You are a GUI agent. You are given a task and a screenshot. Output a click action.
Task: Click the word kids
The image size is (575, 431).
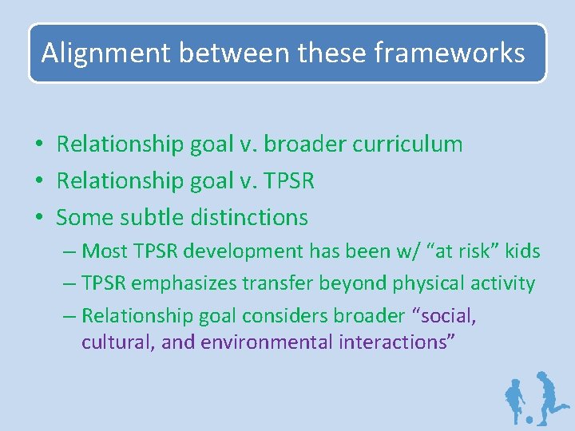click(523, 251)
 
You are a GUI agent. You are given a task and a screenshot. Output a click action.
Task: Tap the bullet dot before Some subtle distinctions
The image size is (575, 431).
click(38, 218)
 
